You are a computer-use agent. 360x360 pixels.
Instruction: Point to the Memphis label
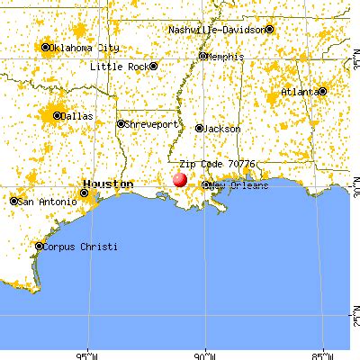tap(226, 56)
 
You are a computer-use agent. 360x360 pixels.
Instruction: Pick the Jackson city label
tap(220, 129)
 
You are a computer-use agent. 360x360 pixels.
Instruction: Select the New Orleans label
tap(241, 185)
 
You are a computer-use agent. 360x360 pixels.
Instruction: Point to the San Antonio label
tap(46, 201)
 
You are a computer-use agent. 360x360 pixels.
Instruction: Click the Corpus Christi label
tap(79, 246)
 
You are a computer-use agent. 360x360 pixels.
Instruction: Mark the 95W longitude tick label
tap(88, 354)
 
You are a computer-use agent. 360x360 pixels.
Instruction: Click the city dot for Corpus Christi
tap(39, 246)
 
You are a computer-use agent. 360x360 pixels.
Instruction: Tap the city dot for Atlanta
tap(321, 92)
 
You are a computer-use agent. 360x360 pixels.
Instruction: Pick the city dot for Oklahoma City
tap(45, 47)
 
